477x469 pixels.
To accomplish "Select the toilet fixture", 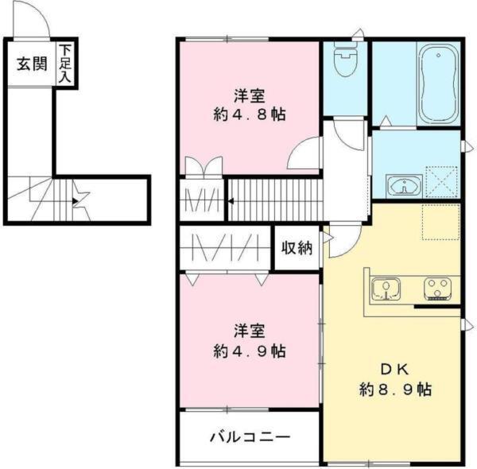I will tap(345, 60).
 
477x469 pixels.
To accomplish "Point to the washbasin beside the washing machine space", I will tap(404, 186).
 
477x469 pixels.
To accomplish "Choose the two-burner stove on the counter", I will tap(436, 287).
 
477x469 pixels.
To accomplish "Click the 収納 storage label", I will tap(297, 248).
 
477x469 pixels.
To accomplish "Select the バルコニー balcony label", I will tap(249, 436).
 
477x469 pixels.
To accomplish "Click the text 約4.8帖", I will tap(249, 114).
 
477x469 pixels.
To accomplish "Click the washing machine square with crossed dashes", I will tap(442, 181).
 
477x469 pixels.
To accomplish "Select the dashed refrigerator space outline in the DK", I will tap(440, 222).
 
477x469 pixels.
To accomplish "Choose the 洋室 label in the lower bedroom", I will tap(249, 331).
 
